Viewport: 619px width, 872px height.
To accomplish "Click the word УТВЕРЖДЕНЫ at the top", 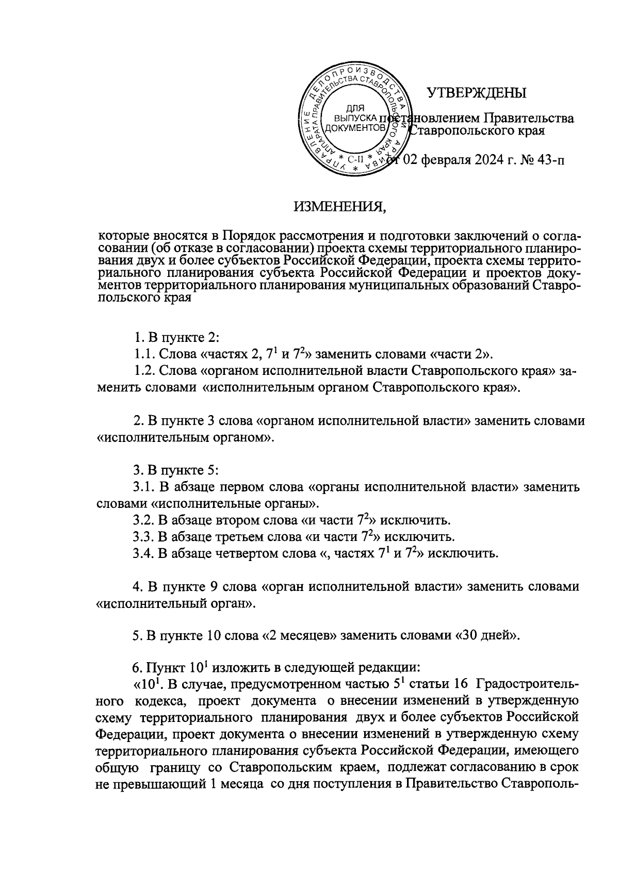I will (476, 93).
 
